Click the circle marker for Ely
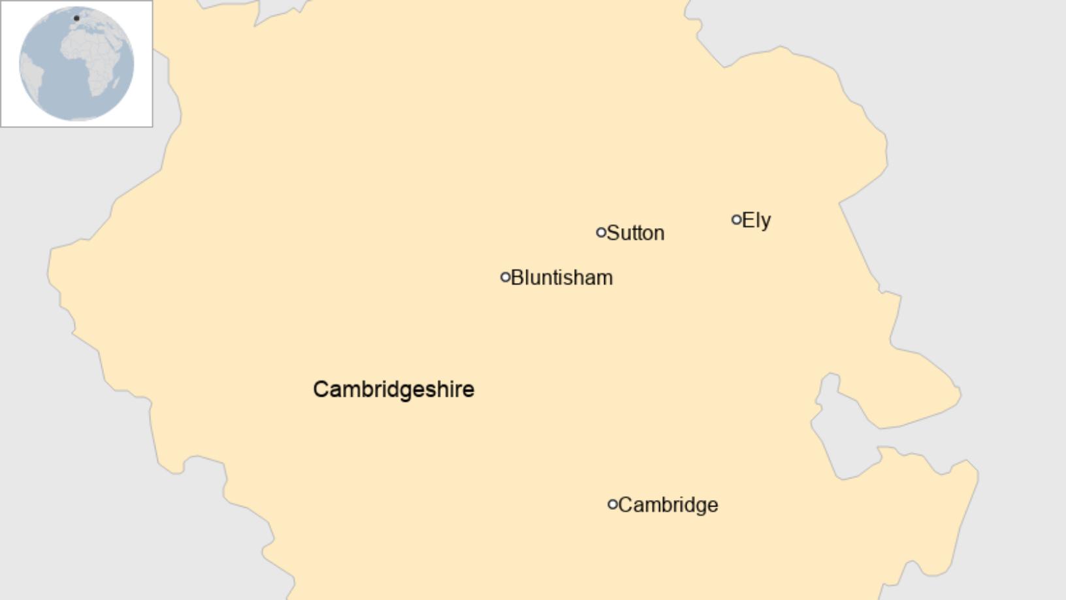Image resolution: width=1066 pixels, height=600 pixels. click(736, 220)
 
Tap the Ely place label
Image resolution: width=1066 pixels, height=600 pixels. click(756, 220)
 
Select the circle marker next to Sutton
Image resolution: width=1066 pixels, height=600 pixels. click(601, 232)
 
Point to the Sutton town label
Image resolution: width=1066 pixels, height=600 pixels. click(636, 233)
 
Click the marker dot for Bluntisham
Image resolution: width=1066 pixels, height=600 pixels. click(505, 277)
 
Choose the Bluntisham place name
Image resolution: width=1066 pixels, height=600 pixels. click(562, 278)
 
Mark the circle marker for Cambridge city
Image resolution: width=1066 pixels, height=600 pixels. click(613, 504)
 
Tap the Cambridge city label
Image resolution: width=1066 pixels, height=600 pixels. click(668, 505)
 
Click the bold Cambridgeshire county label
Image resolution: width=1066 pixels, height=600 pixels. click(394, 390)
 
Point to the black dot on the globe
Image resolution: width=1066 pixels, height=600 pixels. click(76, 18)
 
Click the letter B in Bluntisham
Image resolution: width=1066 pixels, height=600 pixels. click(517, 278)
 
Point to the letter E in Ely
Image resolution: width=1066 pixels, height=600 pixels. click(749, 220)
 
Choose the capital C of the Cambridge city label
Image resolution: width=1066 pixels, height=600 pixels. click(625, 505)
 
